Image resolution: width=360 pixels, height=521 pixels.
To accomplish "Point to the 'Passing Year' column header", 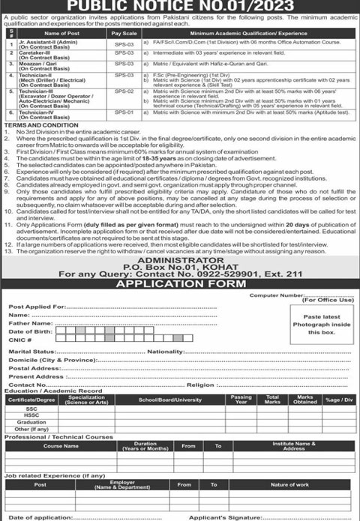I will (241, 399).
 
